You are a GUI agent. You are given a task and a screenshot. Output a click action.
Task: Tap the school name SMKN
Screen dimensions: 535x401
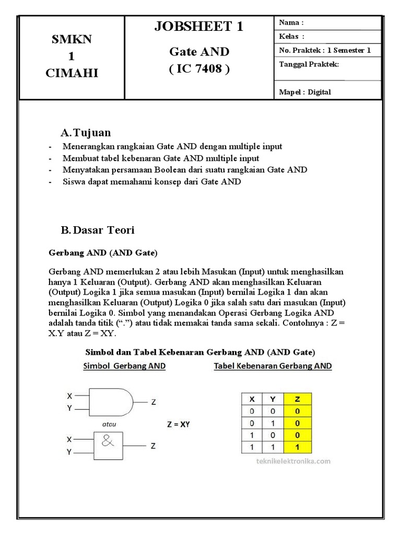tap(71, 40)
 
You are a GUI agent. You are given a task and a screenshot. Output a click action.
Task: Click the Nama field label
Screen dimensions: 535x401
tap(291, 23)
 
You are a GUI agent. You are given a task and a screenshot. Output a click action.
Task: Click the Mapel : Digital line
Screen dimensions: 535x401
tap(305, 92)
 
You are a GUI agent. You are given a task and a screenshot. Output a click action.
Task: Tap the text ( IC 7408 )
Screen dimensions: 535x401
tap(199, 69)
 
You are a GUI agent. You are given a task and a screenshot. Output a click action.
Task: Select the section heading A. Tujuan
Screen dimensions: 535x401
tap(86, 133)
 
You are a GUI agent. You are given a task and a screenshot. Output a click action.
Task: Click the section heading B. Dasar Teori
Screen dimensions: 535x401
tap(98, 230)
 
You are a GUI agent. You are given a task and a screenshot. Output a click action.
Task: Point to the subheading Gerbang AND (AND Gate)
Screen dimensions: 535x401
tap(103, 252)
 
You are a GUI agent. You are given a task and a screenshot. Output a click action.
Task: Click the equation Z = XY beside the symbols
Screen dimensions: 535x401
tap(179, 424)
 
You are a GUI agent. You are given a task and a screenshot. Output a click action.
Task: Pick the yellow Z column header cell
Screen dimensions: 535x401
tap(297, 399)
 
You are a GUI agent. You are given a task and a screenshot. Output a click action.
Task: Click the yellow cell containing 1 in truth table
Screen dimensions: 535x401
tap(297, 447)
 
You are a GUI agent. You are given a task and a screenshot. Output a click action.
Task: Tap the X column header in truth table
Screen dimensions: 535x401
tap(252, 399)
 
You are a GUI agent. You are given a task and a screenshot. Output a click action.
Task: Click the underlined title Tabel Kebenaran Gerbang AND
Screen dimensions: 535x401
tap(273, 366)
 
